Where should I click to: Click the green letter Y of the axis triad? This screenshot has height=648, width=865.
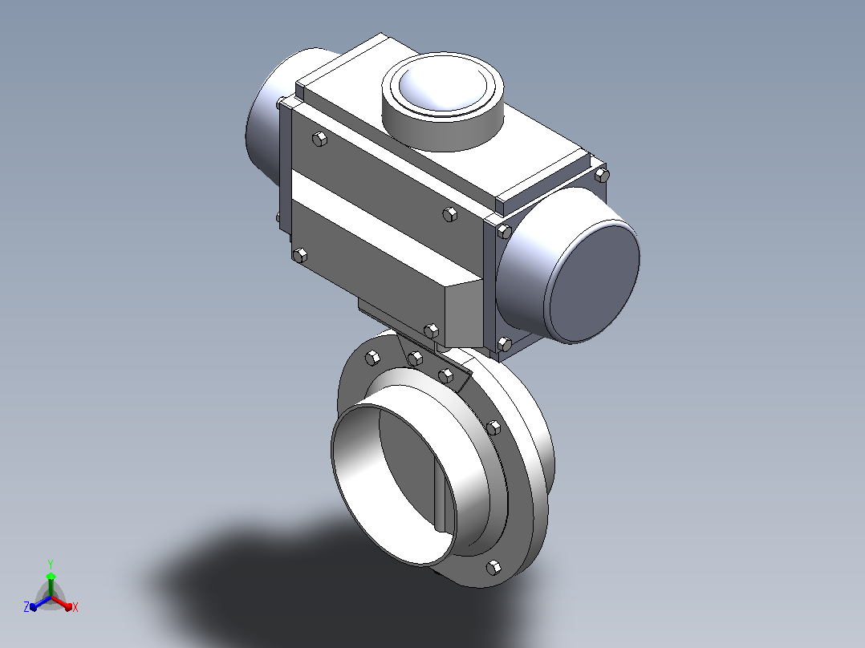click(51, 564)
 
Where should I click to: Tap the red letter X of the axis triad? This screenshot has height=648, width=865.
click(75, 607)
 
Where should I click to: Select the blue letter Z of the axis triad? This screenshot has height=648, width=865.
click(26, 606)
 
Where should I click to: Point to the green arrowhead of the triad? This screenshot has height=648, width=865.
click(51, 577)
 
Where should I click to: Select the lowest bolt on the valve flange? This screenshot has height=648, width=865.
click(493, 568)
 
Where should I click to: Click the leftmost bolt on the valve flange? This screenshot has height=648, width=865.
click(373, 358)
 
